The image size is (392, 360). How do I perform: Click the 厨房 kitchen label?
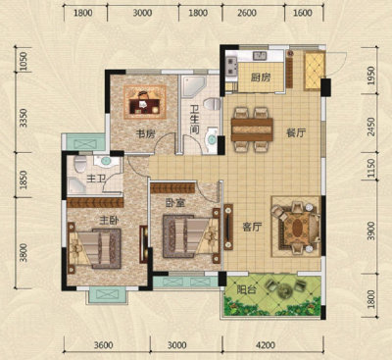click(x=261, y=77)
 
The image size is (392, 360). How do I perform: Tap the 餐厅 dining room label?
click(x=296, y=133)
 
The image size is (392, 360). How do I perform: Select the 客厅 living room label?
click(x=252, y=227)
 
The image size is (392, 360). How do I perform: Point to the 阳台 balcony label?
click(x=246, y=289)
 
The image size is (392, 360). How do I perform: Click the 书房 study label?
click(x=145, y=133)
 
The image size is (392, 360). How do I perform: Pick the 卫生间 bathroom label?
click(x=194, y=120)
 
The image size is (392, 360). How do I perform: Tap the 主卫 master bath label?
click(x=96, y=179)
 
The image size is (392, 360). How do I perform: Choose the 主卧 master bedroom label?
click(x=109, y=221)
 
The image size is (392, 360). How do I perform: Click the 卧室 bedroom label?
click(x=175, y=203)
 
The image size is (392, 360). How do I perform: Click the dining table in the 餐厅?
click(x=252, y=129)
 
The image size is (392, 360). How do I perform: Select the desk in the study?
click(x=144, y=105)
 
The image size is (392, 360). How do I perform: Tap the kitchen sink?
click(x=260, y=56)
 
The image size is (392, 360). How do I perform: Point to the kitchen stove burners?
click(x=231, y=66)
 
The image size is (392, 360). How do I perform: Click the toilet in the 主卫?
click(x=80, y=164)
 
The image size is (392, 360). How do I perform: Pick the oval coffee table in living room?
click(x=297, y=227)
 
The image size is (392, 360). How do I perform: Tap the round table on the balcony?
click(x=283, y=289)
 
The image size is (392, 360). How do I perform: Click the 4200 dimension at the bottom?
click(x=266, y=345)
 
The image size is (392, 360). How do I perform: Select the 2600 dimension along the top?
click(x=247, y=13)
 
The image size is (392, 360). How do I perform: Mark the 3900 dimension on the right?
click(x=371, y=231)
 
